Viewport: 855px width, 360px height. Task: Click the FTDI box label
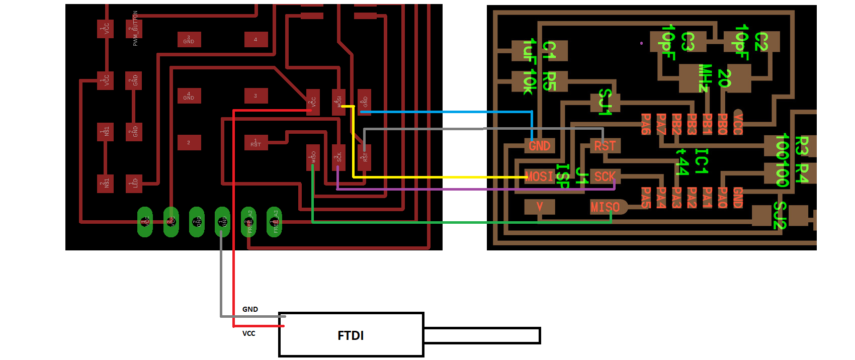351,335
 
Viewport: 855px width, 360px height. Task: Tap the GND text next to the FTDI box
250,309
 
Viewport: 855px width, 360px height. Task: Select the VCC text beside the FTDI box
249,333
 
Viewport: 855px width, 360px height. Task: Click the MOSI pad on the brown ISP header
539,176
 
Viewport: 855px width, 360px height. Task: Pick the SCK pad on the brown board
605,176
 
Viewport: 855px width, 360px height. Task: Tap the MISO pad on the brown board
606,207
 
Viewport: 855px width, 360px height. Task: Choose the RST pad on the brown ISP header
605,146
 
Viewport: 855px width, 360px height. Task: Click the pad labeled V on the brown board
540,207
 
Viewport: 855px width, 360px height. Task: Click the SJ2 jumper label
779,215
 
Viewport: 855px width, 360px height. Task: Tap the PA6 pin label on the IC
646,124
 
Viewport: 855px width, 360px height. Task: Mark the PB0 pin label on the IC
722,124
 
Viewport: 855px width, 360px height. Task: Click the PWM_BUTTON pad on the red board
134,29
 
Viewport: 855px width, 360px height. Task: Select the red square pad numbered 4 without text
256,39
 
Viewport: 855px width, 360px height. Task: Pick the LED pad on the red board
134,183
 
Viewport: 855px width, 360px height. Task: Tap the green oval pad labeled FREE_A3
274,222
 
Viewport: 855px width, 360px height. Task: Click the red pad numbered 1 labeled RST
256,143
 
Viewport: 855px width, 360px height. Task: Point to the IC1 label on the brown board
701,161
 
